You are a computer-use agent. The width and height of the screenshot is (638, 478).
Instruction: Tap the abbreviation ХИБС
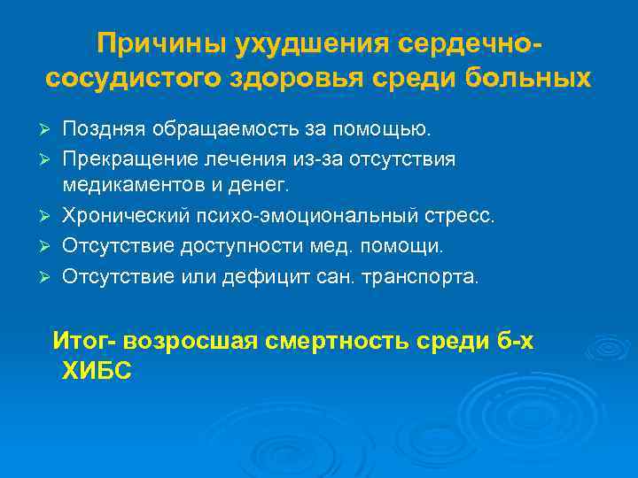tap(97, 373)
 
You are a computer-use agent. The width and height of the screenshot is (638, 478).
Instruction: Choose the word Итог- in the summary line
tap(84, 341)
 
